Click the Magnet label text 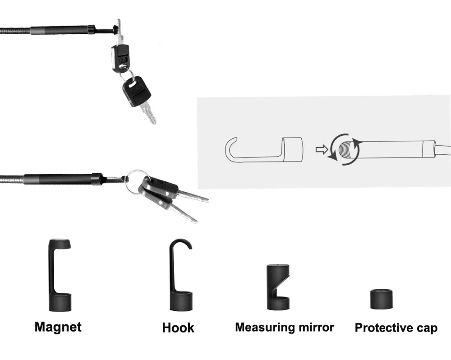[58, 326]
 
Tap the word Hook [178, 328]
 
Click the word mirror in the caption [317, 327]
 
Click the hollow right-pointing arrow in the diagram [321, 150]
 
